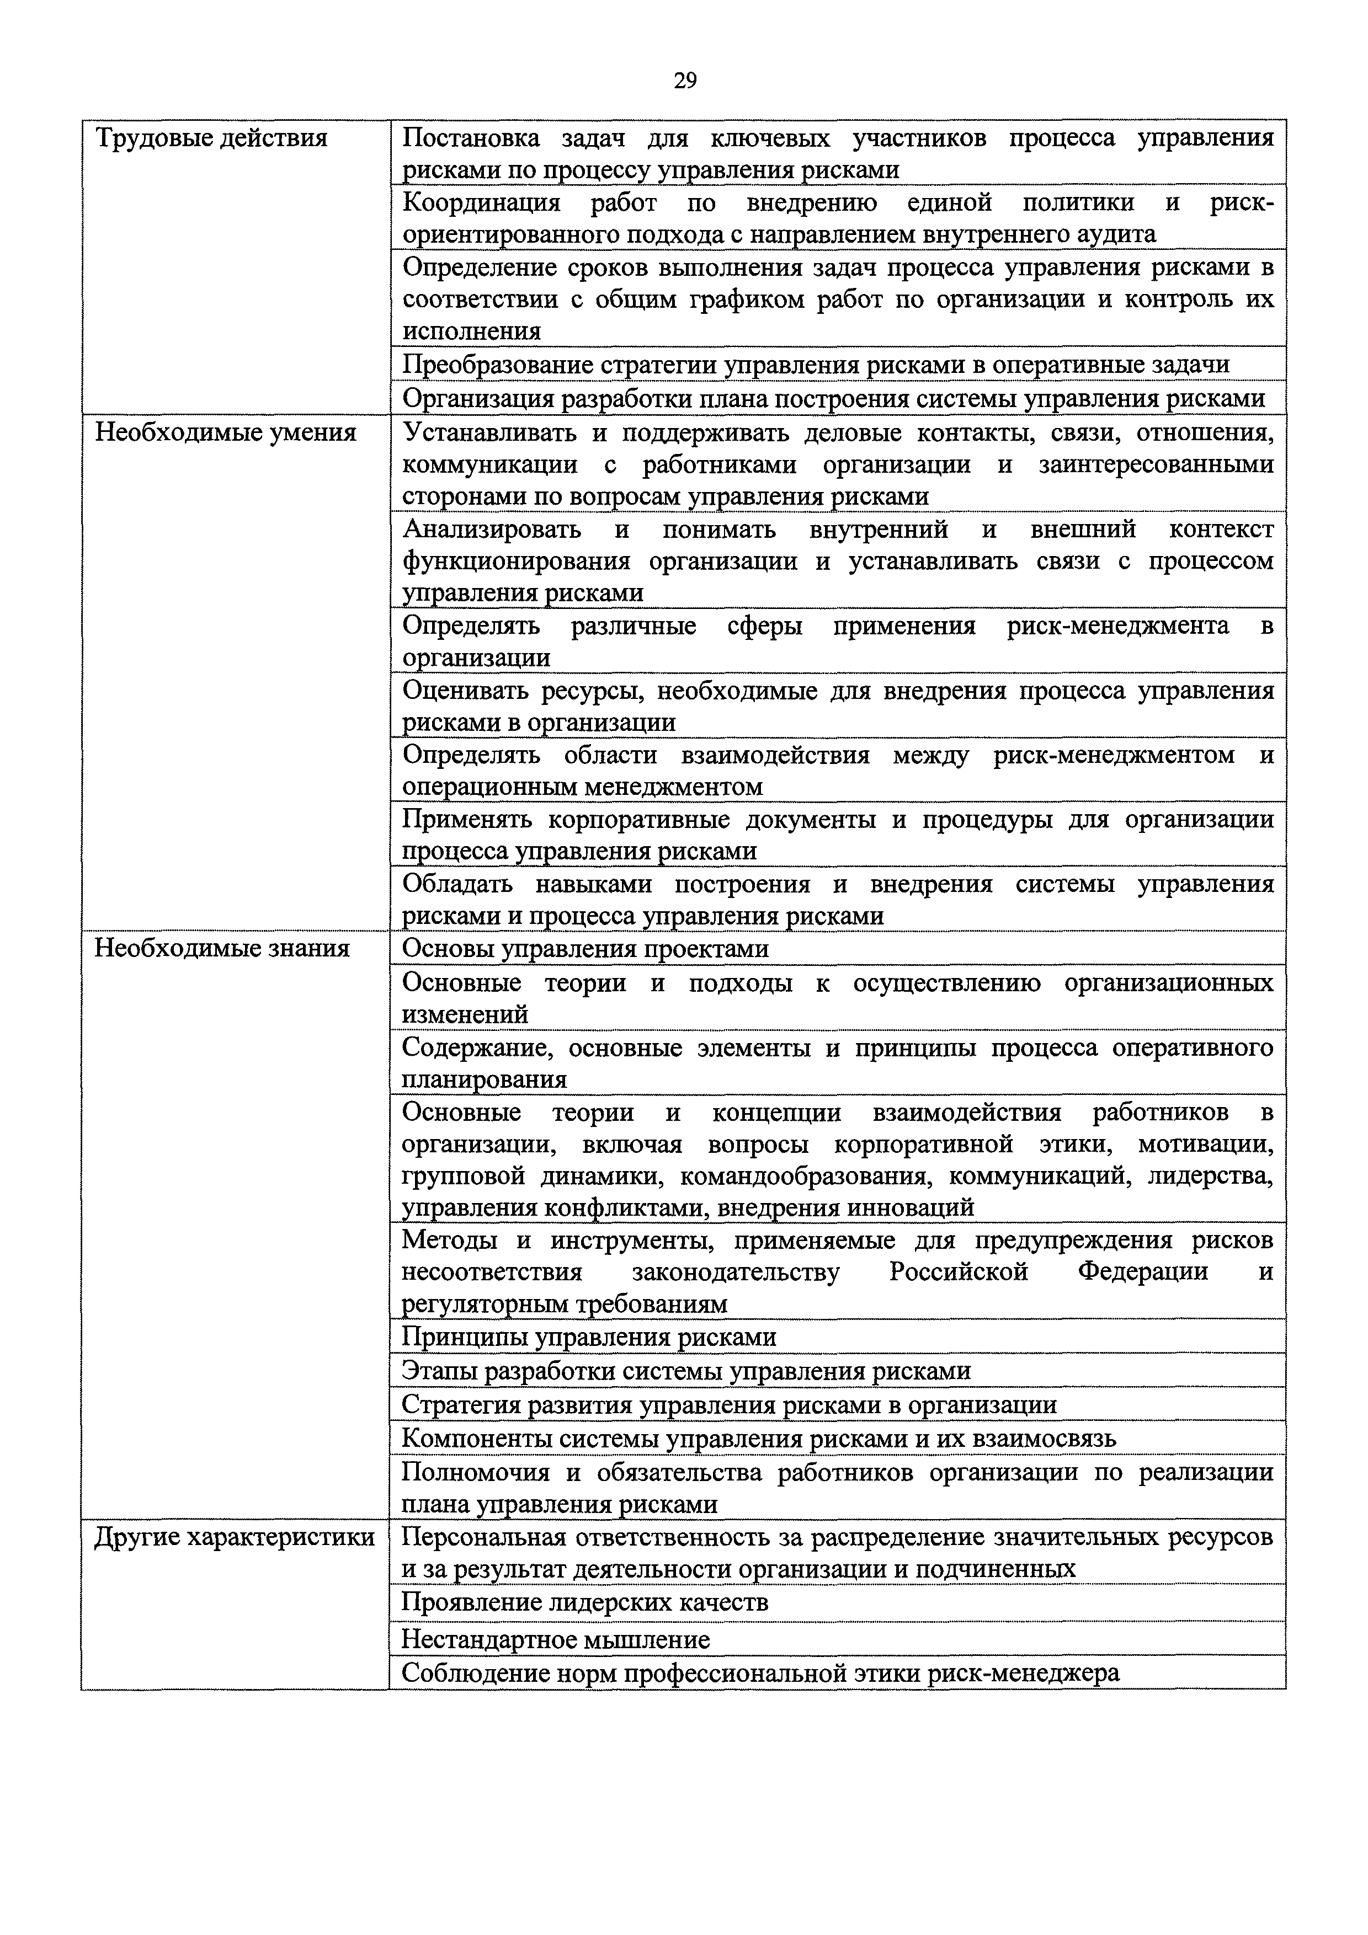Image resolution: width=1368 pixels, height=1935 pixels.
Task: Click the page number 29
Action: [684, 81]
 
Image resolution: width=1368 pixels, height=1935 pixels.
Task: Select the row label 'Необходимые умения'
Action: [225, 432]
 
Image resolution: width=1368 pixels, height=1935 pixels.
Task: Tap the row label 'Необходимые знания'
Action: [222, 948]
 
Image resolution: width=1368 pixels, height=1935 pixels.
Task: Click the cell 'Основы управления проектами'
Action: [585, 949]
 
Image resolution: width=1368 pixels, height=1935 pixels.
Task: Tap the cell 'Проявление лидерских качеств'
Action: [584, 1601]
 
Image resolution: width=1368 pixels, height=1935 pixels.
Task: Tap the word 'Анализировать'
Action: [491, 530]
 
